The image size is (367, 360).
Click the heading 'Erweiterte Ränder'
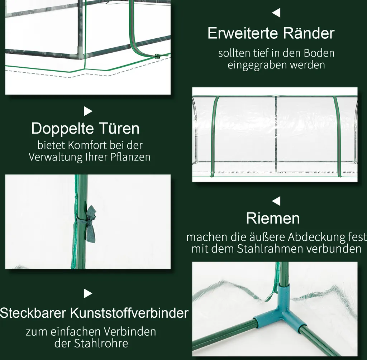tap(271, 33)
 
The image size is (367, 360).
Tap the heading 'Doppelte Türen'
tap(85, 129)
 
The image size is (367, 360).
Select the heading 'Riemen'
tap(273, 219)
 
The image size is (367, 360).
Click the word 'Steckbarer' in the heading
tap(33, 313)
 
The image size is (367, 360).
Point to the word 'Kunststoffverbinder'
tap(129, 313)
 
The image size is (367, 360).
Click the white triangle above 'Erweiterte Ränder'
tap(276, 13)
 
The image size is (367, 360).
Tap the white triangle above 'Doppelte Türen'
tap(88, 111)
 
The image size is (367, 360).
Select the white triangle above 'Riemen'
tap(276, 201)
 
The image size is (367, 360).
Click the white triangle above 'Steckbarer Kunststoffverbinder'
tap(88, 294)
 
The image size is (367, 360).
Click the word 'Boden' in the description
tap(319, 53)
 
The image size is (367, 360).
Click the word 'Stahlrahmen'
tap(270, 249)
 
